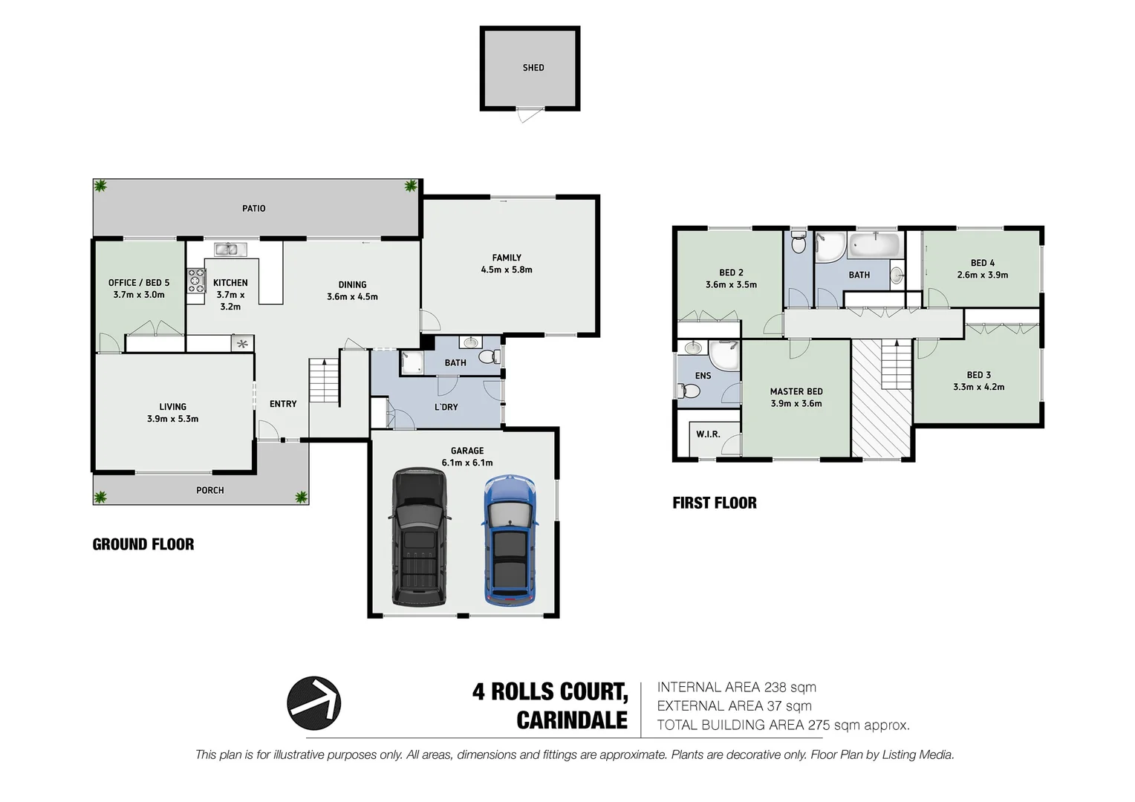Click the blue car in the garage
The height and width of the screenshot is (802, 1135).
(x=510, y=540)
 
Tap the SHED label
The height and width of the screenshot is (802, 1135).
(x=533, y=68)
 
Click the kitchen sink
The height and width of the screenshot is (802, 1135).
(x=226, y=250)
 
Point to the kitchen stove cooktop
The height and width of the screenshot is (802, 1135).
(x=196, y=281)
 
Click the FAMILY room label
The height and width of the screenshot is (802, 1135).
(x=507, y=258)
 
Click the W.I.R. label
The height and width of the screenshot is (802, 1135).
(x=708, y=434)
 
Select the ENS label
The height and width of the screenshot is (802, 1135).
(x=703, y=376)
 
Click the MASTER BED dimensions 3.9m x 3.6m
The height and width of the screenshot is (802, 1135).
(x=796, y=404)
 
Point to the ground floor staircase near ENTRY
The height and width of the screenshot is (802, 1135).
(x=324, y=380)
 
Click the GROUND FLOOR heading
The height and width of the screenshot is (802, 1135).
(x=143, y=544)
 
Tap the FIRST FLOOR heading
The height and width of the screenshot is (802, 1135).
(x=715, y=503)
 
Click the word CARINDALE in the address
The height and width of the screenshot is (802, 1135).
(x=572, y=720)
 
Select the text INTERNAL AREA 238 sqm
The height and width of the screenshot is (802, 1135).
(x=736, y=688)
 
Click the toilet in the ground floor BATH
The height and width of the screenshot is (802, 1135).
(x=488, y=357)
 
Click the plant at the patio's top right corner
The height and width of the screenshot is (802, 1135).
(x=410, y=186)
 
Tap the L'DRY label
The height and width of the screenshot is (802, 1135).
(x=446, y=407)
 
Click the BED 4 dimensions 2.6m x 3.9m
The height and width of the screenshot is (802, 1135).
(x=982, y=275)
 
